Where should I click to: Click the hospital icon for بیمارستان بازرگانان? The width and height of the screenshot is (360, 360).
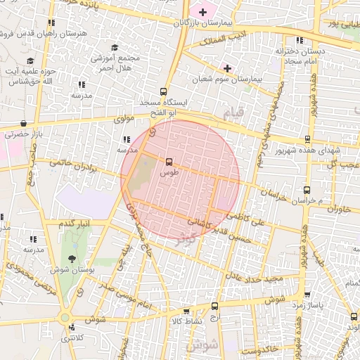[202, 12]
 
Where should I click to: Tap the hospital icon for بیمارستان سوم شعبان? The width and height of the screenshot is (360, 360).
[227, 68]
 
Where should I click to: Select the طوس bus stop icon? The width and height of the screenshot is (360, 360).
[169, 162]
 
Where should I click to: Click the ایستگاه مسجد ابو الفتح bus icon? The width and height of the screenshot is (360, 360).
[164, 91]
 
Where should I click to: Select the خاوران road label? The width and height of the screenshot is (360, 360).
[338, 209]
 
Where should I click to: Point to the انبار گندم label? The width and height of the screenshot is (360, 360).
[75, 224]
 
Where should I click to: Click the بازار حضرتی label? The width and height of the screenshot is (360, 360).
[23, 133]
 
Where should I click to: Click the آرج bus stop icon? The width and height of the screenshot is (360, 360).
[215, 306]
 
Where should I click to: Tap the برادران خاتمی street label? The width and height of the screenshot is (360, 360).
[70, 166]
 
